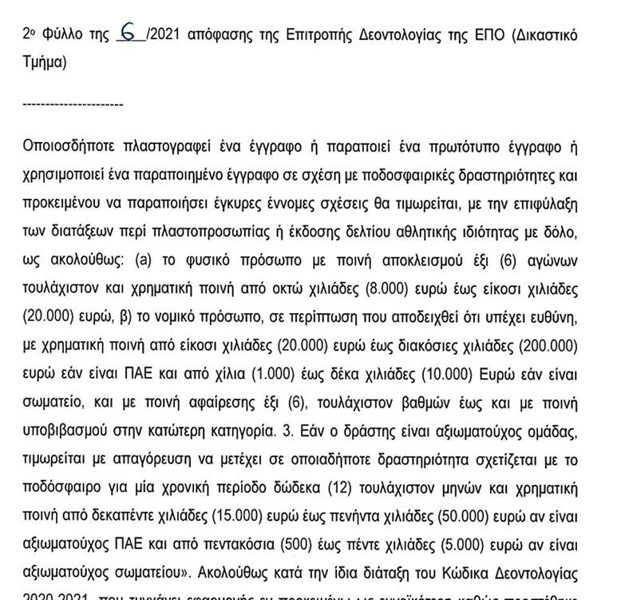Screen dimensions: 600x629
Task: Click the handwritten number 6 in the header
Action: tap(127, 34)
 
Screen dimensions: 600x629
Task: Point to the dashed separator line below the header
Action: tap(73, 105)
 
